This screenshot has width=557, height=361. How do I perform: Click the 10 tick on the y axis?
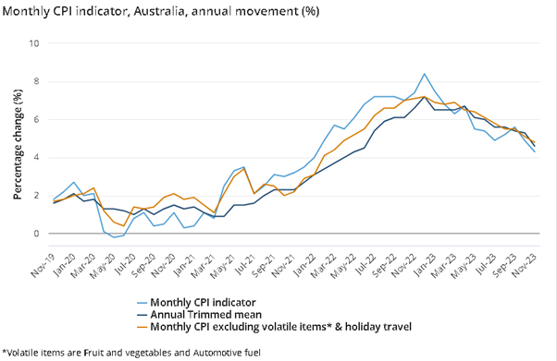coord(35,43)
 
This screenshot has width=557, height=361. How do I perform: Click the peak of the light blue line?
coord(424,74)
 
